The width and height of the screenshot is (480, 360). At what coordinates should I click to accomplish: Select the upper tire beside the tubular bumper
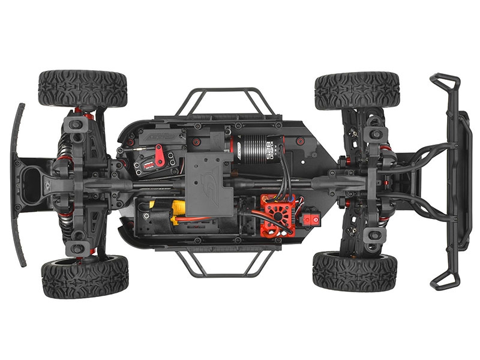point(356,90)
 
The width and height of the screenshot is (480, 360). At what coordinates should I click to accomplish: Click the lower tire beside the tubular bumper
point(354,271)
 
